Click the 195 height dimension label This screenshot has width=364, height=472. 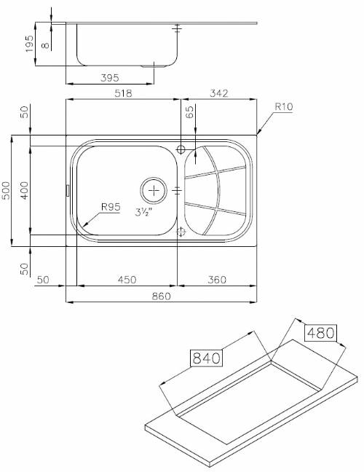tap(29, 44)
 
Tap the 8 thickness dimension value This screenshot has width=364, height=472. tap(45, 45)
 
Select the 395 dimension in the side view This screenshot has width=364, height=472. tap(110, 78)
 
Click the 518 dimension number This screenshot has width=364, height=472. tap(123, 93)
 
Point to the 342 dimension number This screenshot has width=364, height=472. tap(219, 93)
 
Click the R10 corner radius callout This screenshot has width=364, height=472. tap(284, 106)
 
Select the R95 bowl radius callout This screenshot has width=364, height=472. tap(111, 207)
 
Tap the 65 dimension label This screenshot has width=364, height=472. tap(190, 112)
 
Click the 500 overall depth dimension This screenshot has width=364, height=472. tap(6, 190)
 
